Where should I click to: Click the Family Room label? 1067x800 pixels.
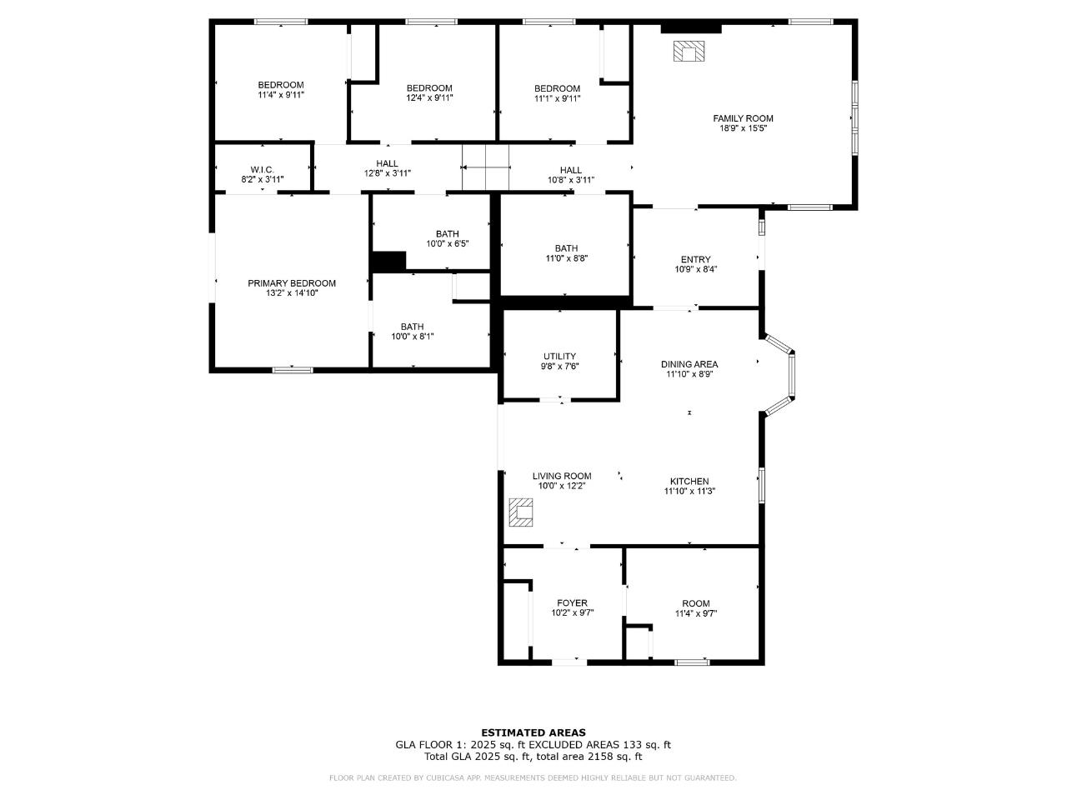pos(743,118)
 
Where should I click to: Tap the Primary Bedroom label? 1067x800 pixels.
pos(292,283)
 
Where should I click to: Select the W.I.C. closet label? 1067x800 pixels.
pos(263,170)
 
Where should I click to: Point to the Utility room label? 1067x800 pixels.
pos(559,357)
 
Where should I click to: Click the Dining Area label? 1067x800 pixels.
pos(689,364)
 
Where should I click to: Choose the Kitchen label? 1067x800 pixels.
pos(689,482)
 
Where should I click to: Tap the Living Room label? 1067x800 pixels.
pos(562,477)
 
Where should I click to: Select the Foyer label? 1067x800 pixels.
pos(572,603)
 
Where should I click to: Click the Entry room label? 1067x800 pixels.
pos(696,260)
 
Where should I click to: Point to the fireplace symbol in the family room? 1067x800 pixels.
pos(689,52)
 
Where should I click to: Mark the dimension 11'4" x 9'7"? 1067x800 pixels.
pos(696,614)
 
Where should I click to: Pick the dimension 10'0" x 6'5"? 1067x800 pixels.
pos(447,244)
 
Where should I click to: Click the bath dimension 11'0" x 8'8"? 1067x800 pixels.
pos(566,258)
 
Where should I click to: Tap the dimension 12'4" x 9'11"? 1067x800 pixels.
pos(429,98)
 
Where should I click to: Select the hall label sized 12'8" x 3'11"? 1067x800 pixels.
pos(387,163)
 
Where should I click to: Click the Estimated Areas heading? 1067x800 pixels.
pos(533,733)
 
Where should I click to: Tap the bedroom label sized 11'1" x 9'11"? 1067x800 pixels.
pos(557,88)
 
